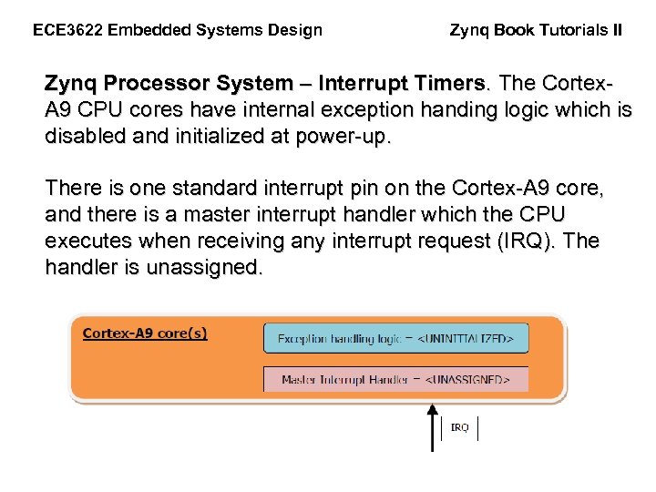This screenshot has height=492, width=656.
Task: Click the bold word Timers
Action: [444, 84]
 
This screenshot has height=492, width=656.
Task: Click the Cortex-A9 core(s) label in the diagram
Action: [145, 333]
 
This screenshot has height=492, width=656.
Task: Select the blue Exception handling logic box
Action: [395, 339]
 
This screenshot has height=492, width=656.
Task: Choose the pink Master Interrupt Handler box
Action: [395, 379]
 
